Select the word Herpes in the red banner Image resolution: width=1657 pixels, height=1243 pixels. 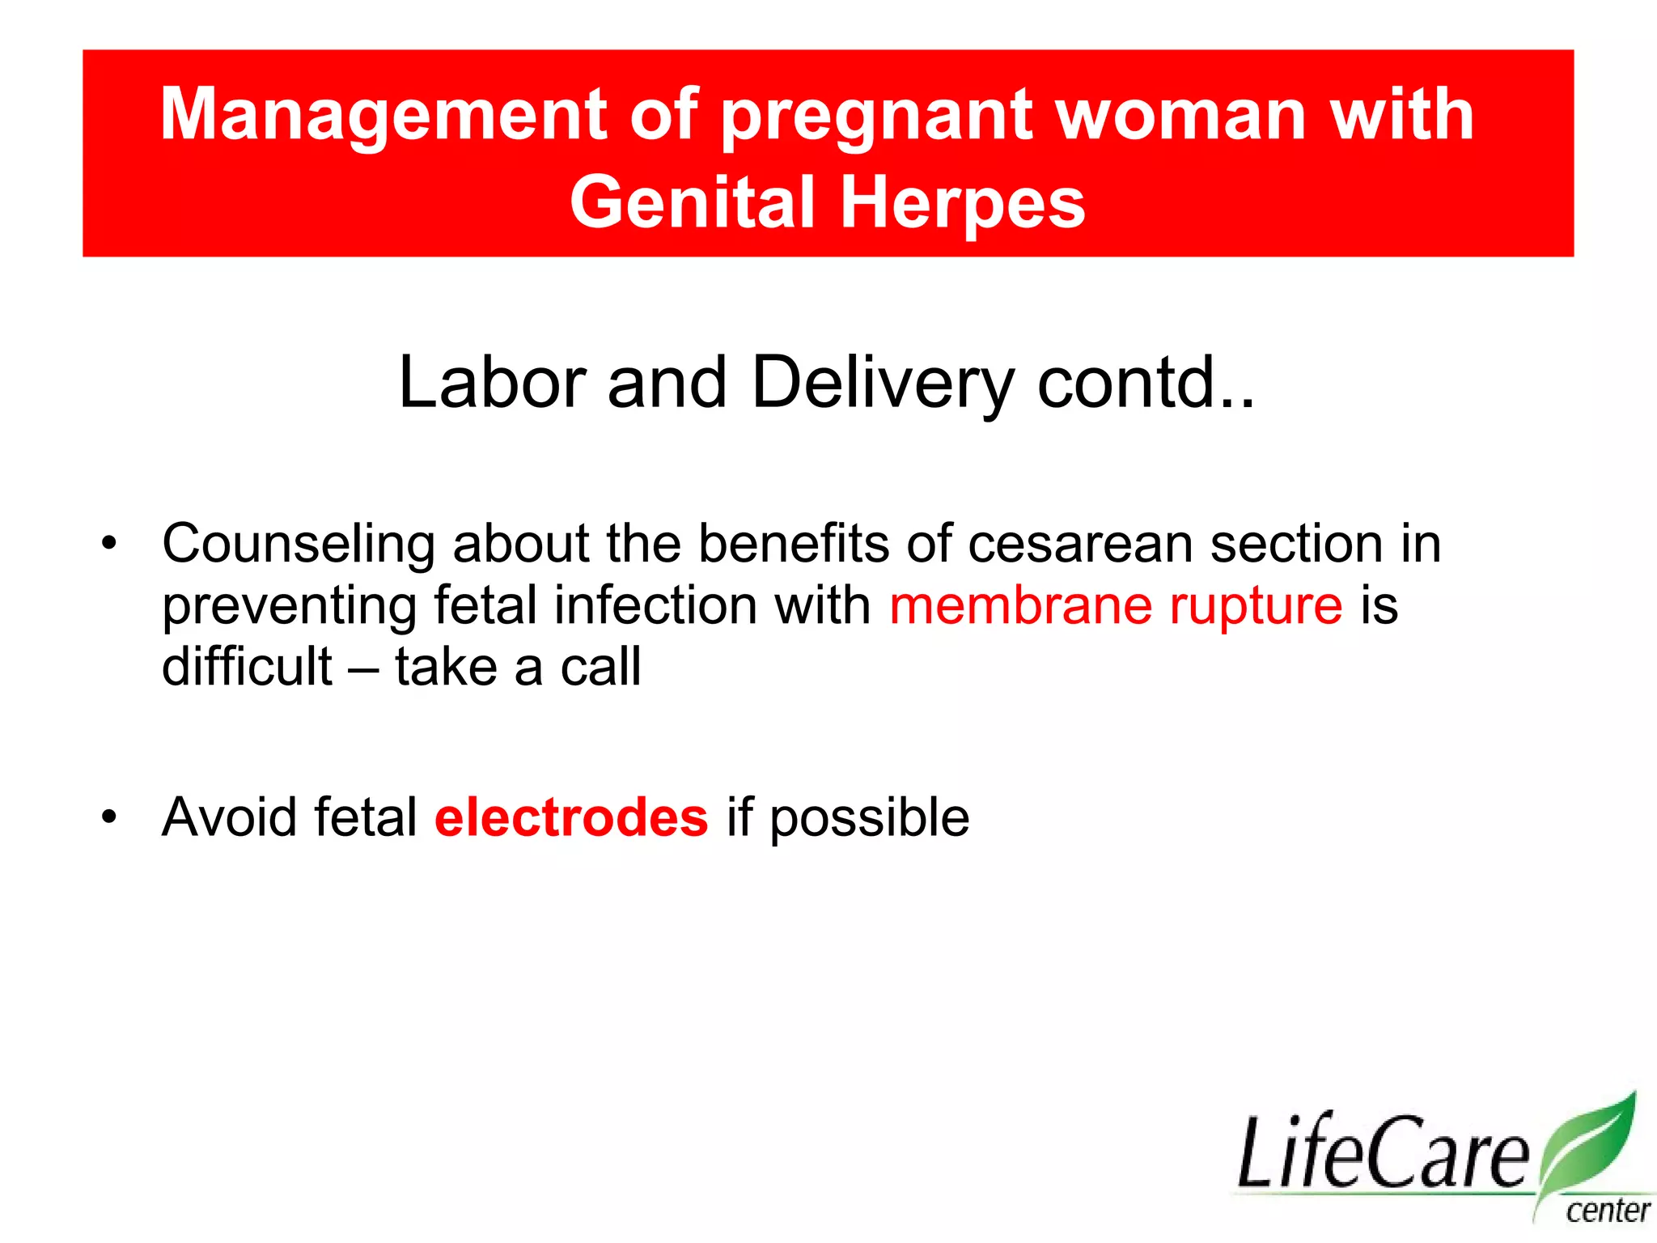click(x=962, y=203)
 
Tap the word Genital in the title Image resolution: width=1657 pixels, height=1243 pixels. click(x=692, y=203)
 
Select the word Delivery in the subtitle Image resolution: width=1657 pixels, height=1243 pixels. click(x=882, y=384)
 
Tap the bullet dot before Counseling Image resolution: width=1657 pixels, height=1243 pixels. click(x=109, y=543)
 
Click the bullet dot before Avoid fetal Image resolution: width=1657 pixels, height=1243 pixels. click(x=109, y=817)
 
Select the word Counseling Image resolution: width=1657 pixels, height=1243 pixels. click(x=299, y=544)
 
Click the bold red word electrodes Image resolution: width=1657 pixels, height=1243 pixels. click(x=571, y=817)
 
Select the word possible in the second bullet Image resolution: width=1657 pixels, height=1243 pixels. click(x=869, y=819)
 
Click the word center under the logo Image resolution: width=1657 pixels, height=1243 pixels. click(x=1608, y=1211)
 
